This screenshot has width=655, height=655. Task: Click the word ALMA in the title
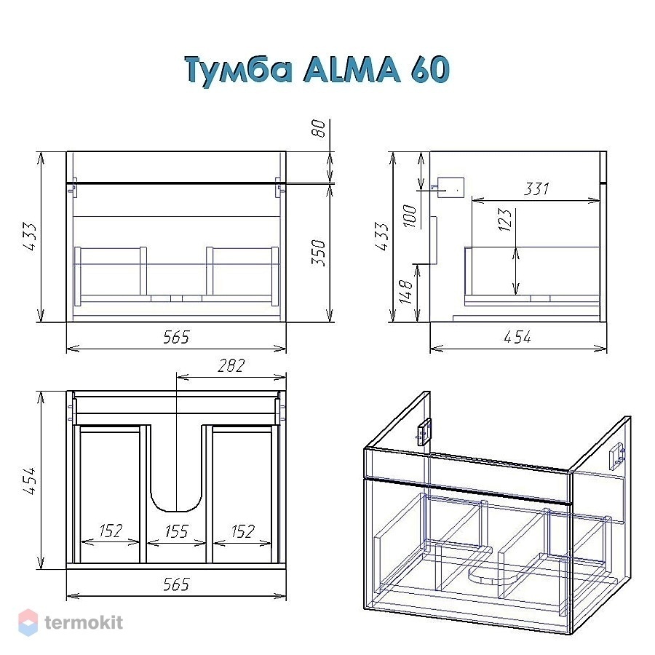[x=352, y=69]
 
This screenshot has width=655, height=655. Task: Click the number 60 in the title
[x=430, y=69]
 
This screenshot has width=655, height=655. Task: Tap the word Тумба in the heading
[x=238, y=71]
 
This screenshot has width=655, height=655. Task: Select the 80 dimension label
[x=318, y=128]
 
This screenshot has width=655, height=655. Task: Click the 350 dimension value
[x=318, y=252]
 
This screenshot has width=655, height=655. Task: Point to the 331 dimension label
[x=536, y=188]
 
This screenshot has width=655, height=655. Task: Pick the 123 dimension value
[x=504, y=220]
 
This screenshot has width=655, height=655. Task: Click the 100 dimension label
[x=409, y=215]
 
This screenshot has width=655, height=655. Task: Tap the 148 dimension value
[x=405, y=291]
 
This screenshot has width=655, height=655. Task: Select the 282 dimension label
[x=231, y=366]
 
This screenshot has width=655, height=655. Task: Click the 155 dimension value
[x=176, y=531]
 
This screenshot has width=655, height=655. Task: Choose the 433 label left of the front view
[x=30, y=237]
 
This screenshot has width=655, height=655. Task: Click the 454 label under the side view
[x=517, y=337]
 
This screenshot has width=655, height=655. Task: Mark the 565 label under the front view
[x=176, y=337]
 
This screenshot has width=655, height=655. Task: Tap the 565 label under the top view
[x=176, y=584]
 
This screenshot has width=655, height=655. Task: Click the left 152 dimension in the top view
[x=111, y=531]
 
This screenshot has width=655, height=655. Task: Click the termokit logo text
[x=84, y=622]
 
